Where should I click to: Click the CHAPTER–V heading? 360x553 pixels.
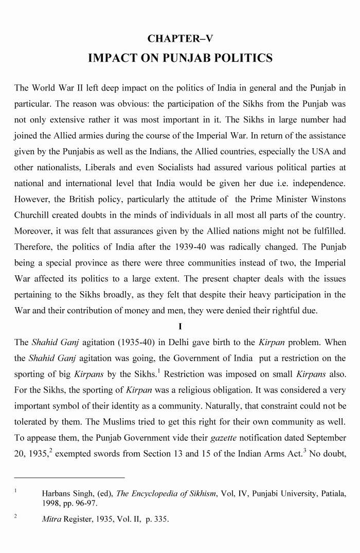180,39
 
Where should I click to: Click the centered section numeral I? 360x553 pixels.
180,326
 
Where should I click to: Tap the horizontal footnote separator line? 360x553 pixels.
69,477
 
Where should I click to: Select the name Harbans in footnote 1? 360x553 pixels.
58,494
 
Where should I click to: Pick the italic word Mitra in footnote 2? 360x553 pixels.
52,520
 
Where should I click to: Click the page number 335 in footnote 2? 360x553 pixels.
160,520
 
